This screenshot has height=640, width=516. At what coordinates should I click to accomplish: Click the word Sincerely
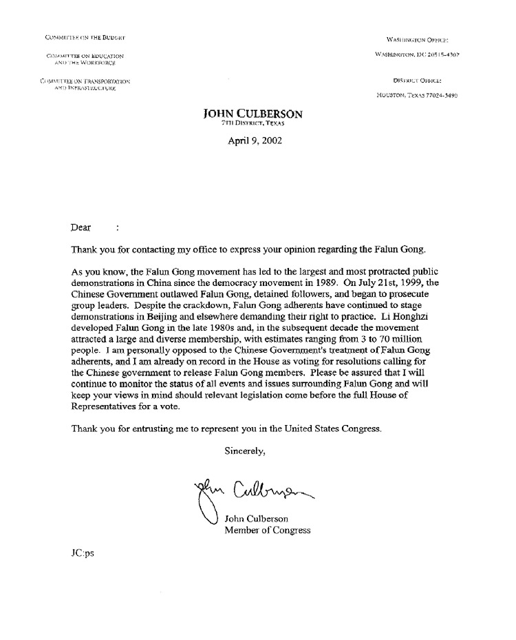point(245,452)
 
